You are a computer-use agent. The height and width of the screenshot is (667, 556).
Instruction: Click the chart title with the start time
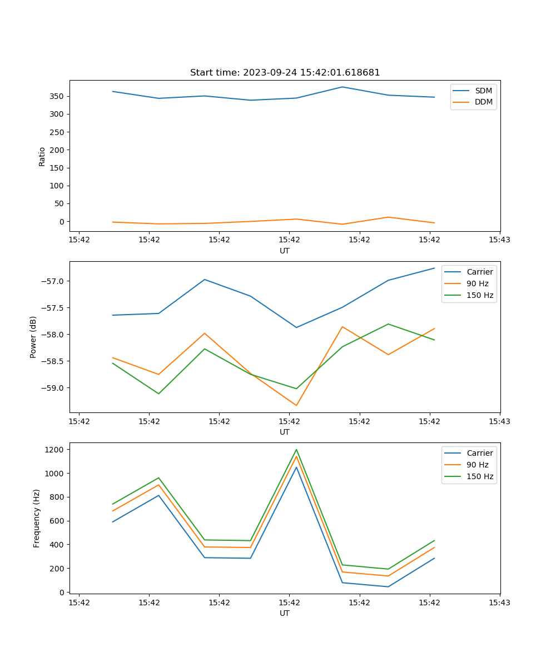tap(285, 73)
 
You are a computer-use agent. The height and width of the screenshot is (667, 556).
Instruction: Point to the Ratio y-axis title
tap(42, 156)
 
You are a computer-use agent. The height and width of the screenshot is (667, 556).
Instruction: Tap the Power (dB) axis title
tap(33, 337)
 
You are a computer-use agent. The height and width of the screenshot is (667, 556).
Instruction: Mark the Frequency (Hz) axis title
tap(37, 518)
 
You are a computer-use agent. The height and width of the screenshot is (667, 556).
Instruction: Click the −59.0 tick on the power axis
tap(54, 388)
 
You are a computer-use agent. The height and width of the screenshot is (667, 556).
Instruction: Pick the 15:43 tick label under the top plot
tap(499, 240)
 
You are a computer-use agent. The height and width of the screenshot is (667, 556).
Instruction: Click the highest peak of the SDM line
tap(342, 87)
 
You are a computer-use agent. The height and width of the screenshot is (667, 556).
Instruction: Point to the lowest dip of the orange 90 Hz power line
tap(296, 405)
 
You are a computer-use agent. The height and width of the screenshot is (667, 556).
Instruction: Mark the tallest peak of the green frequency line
tap(296, 450)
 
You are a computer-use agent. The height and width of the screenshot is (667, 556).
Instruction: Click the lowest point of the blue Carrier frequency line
tap(388, 586)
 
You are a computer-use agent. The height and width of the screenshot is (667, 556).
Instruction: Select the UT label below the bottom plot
tap(285, 613)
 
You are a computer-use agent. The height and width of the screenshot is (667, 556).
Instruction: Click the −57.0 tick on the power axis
tap(54, 281)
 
